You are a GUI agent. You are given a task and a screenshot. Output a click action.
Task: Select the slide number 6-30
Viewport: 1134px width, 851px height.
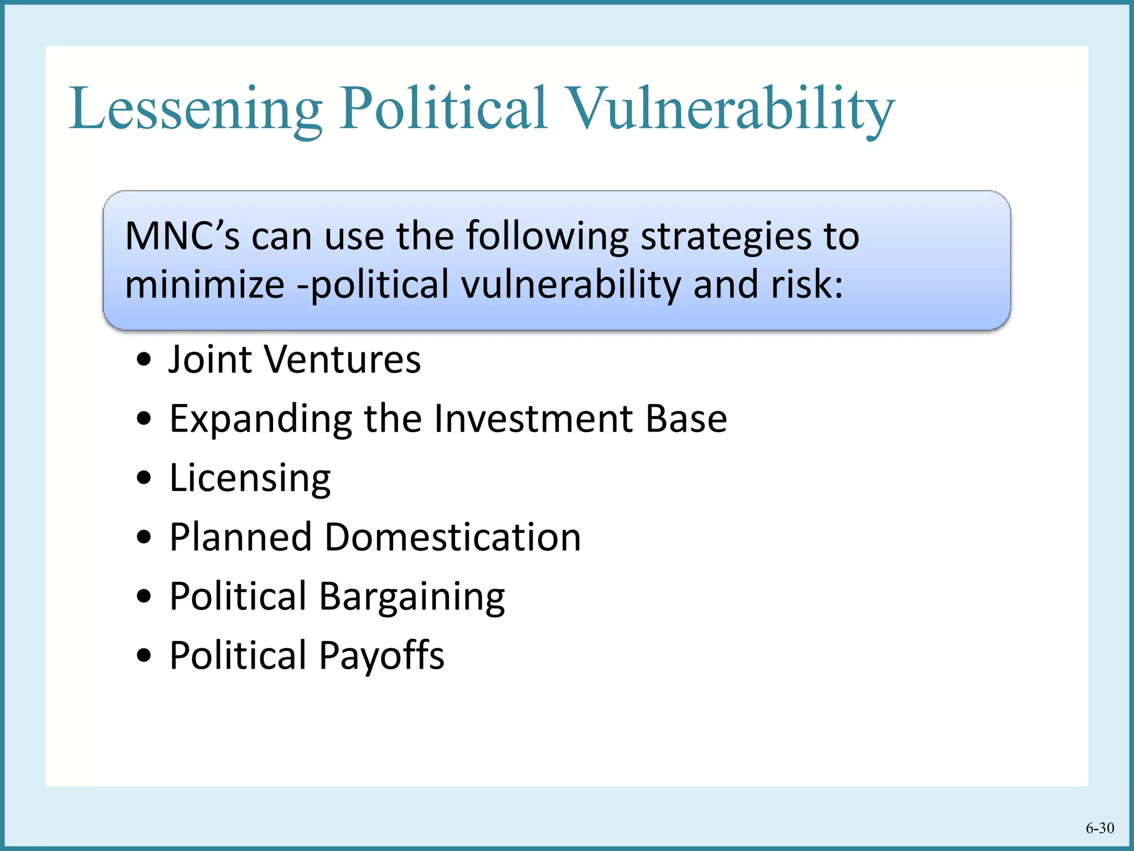point(1100,828)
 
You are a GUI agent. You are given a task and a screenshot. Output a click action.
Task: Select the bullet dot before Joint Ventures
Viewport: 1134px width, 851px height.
point(144,360)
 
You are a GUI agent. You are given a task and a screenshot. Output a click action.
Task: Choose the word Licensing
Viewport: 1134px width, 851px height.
point(250,479)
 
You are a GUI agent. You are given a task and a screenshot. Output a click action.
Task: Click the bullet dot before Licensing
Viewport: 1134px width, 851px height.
point(144,478)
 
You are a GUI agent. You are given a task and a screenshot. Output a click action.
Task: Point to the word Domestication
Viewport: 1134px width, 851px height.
point(452,537)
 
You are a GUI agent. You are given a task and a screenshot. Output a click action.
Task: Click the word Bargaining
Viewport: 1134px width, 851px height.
point(412,597)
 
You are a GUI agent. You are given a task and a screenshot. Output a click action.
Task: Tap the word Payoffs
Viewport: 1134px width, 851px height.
point(382,656)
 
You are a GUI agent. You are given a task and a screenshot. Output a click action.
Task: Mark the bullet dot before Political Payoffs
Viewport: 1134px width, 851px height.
point(144,656)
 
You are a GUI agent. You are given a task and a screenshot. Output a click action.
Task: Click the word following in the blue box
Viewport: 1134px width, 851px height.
point(547,237)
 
